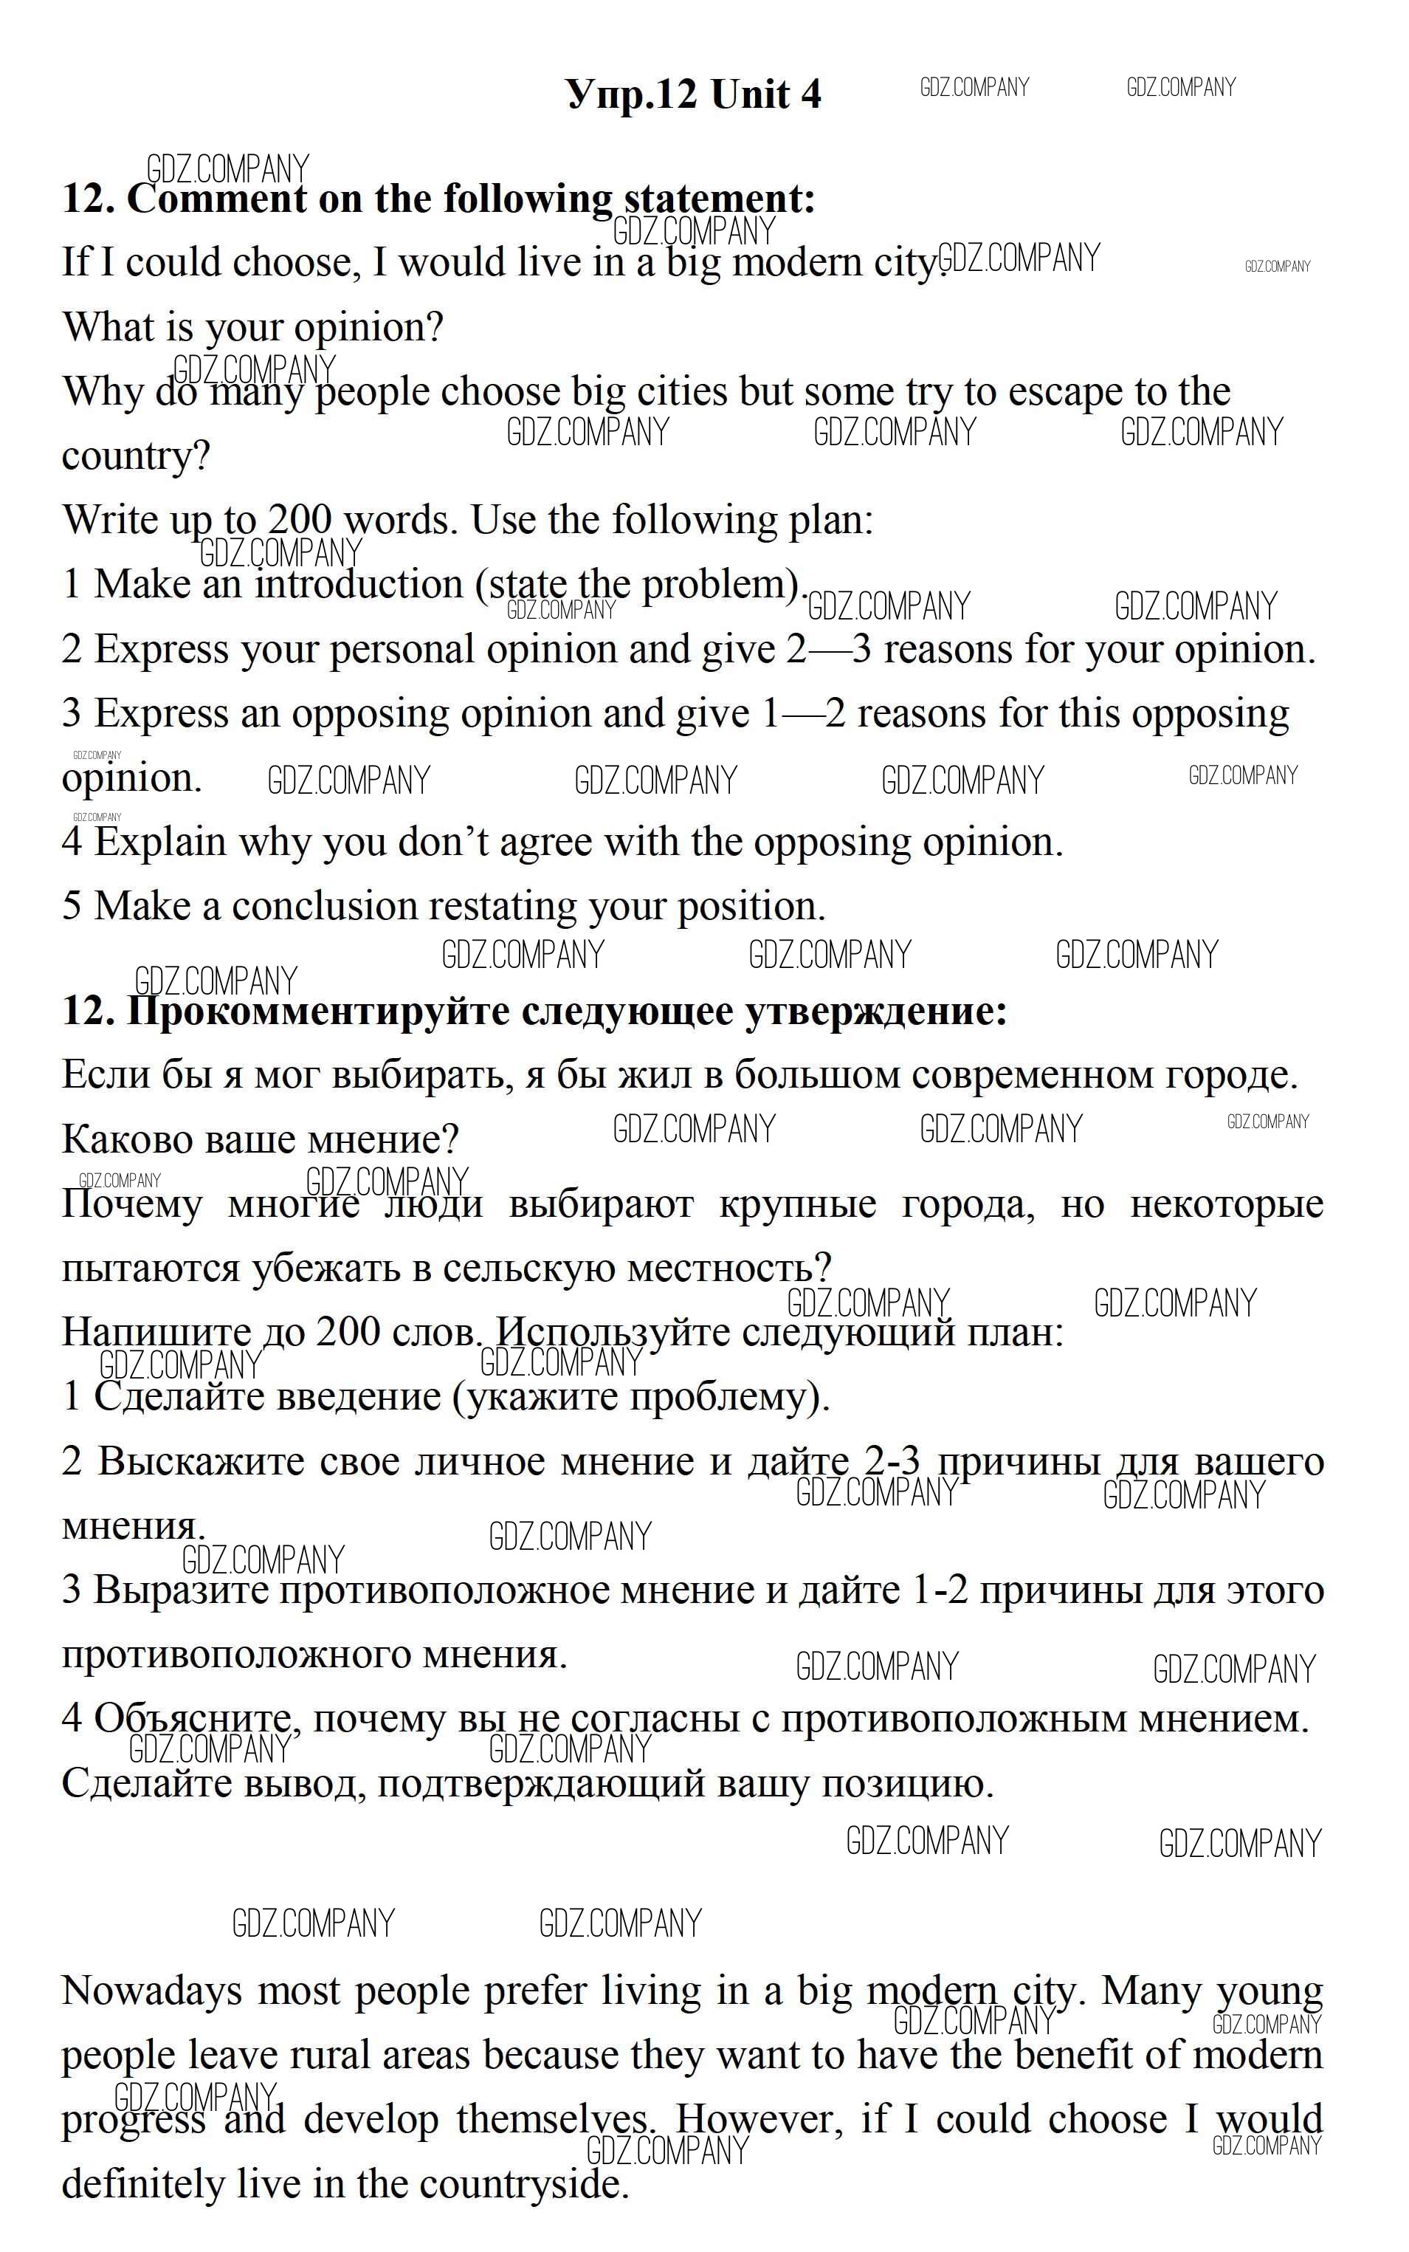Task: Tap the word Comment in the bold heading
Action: [x=216, y=199]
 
